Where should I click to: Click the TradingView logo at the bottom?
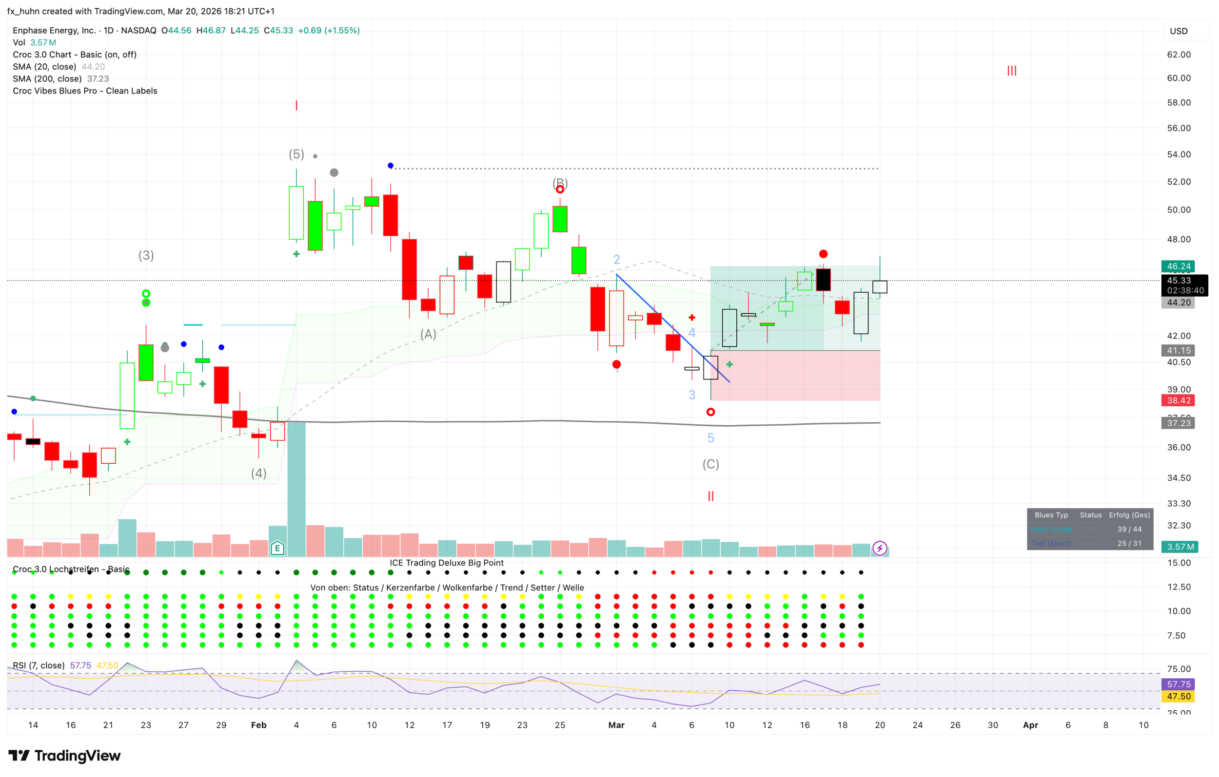pos(64,755)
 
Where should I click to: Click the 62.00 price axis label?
pos(1179,55)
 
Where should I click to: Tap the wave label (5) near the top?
pos(296,154)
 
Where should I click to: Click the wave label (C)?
pos(710,464)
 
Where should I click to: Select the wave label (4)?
pos(259,474)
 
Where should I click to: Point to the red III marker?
pos(1011,71)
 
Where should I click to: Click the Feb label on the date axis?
pos(259,725)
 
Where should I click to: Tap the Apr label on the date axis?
pos(1030,725)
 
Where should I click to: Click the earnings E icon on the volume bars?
pos(277,548)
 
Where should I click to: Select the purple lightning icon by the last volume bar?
pos(880,548)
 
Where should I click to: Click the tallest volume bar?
pos(296,489)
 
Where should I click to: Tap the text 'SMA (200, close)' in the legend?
pos(47,79)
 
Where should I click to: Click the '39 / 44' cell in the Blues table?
pos(1129,529)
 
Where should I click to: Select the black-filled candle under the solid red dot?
pos(823,280)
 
